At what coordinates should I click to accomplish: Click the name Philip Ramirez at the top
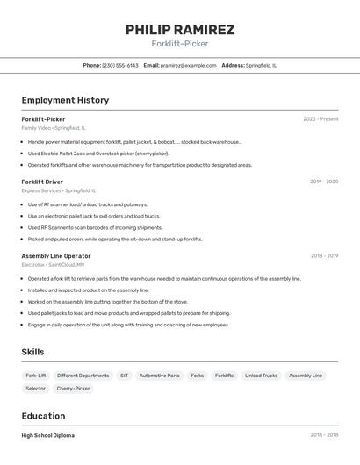coord(180,30)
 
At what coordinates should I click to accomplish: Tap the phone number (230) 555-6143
coord(120,65)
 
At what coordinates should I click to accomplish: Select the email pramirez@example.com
coord(188,65)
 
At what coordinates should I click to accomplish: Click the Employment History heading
coord(65,100)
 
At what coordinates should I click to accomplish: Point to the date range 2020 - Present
coord(320,119)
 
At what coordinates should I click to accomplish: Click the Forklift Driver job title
coord(42,182)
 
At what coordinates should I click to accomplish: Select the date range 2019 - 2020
coord(324,182)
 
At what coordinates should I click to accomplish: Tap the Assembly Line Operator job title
coord(56,256)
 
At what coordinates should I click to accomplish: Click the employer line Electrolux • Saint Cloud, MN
coord(53,264)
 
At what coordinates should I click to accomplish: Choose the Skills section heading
coord(33,352)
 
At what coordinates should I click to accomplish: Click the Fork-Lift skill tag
coord(36,376)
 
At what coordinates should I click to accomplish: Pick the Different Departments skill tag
coord(83,376)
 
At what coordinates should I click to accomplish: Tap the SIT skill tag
coord(124,376)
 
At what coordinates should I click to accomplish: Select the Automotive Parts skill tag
coord(160,376)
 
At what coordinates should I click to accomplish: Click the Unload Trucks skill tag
coord(261,376)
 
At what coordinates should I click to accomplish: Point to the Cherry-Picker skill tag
coord(73,388)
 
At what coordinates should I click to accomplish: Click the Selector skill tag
coord(36,388)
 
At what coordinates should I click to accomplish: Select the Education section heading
coord(43,416)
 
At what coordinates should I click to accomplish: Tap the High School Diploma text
coord(48,435)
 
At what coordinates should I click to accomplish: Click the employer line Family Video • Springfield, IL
coord(54,127)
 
